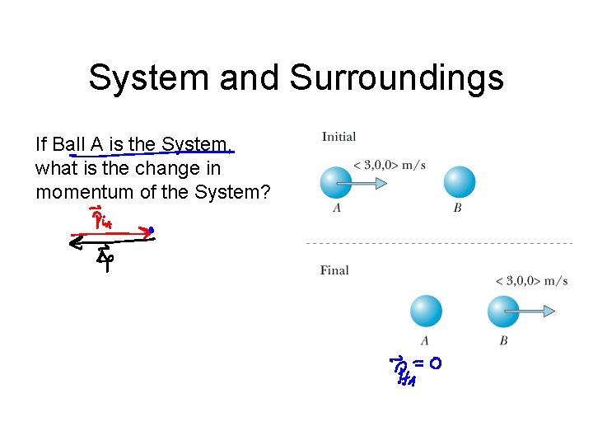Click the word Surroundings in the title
pyautogui.click(x=396, y=77)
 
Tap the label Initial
pyautogui.click(x=339, y=137)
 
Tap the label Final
pyautogui.click(x=334, y=269)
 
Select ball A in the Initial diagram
pyautogui.click(x=335, y=183)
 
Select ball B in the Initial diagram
pyautogui.click(x=459, y=183)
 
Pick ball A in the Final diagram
pyautogui.click(x=425, y=311)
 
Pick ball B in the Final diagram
pyautogui.click(x=502, y=311)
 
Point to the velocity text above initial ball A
pyautogui.click(x=389, y=165)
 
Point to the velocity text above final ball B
pyautogui.click(x=531, y=281)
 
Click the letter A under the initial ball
pyautogui.click(x=338, y=208)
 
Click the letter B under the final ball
pyautogui.click(x=503, y=340)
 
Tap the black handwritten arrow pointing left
pyautogui.click(x=112, y=241)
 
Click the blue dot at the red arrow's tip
pyautogui.click(x=152, y=231)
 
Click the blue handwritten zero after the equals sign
pyautogui.click(x=434, y=363)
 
